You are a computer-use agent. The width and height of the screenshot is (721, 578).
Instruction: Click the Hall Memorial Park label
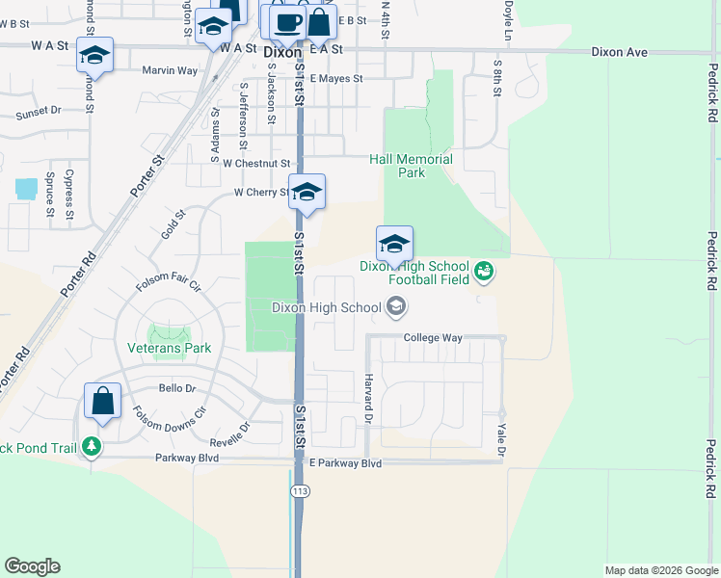pos(411,166)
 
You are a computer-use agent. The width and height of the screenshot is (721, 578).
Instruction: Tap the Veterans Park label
pos(169,348)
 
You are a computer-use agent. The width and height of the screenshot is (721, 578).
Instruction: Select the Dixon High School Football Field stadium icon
pos(484,274)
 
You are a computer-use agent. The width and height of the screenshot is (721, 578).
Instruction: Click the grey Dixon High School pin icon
pos(395,307)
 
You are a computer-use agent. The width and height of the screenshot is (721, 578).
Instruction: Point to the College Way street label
pos(433,338)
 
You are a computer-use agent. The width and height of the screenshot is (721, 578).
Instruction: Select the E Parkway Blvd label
pos(345,463)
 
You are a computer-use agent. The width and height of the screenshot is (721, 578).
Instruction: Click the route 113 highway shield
pos(300,491)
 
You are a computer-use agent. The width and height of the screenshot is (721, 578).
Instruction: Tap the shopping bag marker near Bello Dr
pos(102,402)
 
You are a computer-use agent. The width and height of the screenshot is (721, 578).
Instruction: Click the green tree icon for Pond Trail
pos(92,447)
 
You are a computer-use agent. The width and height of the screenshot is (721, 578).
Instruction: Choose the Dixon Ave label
pos(619,52)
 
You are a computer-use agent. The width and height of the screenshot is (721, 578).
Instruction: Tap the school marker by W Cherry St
pos(307,191)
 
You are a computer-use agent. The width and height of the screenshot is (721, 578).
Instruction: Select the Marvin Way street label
pos(170,70)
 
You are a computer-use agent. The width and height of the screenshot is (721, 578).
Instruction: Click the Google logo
pos(32,566)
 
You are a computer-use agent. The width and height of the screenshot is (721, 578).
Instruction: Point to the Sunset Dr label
pos(39,111)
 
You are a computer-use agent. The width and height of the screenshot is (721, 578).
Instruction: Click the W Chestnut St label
pos(255,165)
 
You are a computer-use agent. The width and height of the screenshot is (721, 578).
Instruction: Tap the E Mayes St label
pos(335,79)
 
